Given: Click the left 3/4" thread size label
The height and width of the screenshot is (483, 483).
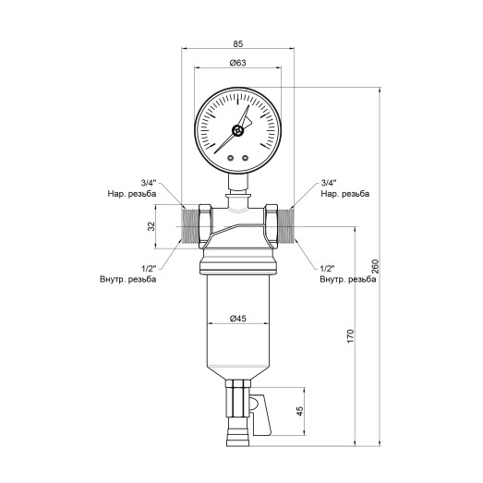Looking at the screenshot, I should (x=148, y=184).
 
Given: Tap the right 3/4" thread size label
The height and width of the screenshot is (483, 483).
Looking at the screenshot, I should (x=328, y=184).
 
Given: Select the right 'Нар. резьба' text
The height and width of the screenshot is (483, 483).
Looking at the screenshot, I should (x=345, y=195).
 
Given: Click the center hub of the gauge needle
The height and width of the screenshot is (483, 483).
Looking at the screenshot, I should (x=238, y=130).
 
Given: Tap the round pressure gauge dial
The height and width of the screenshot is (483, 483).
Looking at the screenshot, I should (x=238, y=129).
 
